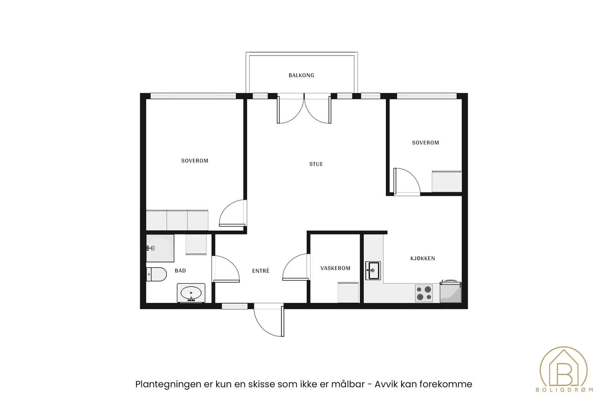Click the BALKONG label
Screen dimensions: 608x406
pyautogui.click(x=301, y=75)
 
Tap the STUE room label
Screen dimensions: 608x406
pyautogui.click(x=316, y=164)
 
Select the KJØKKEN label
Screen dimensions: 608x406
pyautogui.click(x=423, y=258)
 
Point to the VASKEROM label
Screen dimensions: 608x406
pyautogui.click(x=335, y=268)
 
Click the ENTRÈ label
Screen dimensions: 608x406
pyautogui.click(x=261, y=271)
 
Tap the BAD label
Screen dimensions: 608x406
pyautogui.click(x=180, y=271)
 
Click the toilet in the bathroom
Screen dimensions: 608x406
pyautogui.click(x=156, y=274)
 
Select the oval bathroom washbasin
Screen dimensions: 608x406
pyautogui.click(x=191, y=293)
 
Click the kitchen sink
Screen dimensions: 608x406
pyautogui.click(x=373, y=271)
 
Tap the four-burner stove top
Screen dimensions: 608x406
pyautogui.click(x=424, y=293)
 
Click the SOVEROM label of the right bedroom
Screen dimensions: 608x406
pyautogui.click(x=425, y=143)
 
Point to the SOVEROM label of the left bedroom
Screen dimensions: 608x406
pyautogui.click(x=195, y=161)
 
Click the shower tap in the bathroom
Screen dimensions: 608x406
pyautogui.click(x=150, y=248)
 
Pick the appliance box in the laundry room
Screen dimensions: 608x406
pyautogui.click(x=348, y=292)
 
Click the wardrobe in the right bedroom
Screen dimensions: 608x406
pyautogui.click(x=447, y=182)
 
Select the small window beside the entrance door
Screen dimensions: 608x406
pyautogui.click(x=234, y=307)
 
